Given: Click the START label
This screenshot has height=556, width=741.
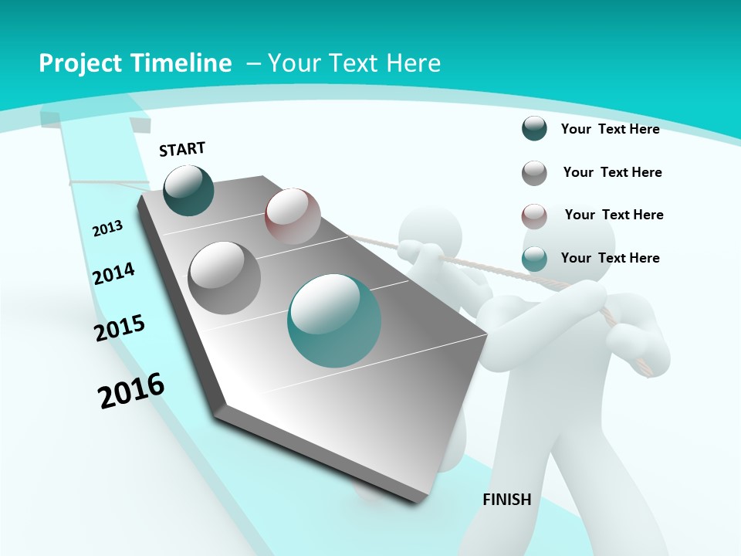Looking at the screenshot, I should click(x=182, y=148).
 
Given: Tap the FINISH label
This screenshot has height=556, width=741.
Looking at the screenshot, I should click(x=506, y=500).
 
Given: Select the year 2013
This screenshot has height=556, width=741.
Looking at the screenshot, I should click(x=107, y=228).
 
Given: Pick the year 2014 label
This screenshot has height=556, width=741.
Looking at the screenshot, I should click(x=113, y=273).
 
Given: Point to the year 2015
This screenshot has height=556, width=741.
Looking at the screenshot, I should click(x=120, y=328).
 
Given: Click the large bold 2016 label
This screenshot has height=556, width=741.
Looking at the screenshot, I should click(x=131, y=390).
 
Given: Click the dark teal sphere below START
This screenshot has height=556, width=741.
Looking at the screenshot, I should click(x=188, y=190).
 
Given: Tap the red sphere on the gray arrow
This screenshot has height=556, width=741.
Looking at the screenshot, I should click(x=293, y=216).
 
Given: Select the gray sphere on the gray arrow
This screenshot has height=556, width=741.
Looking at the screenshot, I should click(x=224, y=277).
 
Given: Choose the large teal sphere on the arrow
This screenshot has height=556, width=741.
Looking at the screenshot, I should click(x=334, y=320).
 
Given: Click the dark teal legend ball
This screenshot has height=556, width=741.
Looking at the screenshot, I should click(x=534, y=129).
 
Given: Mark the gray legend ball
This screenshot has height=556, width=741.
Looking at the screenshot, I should click(x=534, y=173).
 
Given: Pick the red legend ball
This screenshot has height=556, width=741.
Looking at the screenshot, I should click(x=534, y=215).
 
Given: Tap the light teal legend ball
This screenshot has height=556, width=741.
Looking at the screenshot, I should click(x=534, y=259).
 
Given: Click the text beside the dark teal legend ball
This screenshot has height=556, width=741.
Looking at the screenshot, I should click(x=610, y=129).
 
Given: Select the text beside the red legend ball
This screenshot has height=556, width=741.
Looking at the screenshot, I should click(x=614, y=215).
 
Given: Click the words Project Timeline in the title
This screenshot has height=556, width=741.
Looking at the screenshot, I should click(x=135, y=63).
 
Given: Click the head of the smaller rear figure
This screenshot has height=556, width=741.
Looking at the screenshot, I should click(x=430, y=229).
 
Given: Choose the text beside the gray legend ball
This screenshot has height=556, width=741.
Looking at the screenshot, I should click(x=612, y=172).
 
